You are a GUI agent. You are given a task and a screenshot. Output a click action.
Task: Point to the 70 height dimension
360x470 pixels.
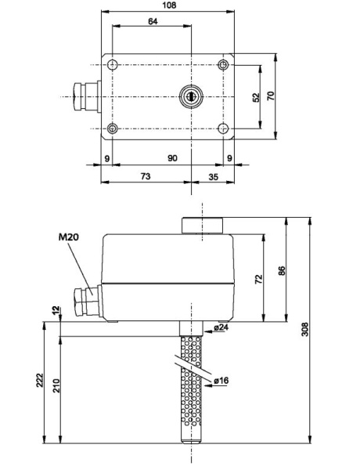pos(271,96)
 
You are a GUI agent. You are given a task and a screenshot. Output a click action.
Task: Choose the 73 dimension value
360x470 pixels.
pos(146,177)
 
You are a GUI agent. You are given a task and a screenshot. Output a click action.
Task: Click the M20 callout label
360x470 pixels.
pos(69,237)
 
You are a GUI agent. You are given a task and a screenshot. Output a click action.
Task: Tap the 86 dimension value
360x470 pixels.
pos(282,270)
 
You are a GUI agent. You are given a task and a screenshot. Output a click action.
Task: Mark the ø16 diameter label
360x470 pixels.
pos(222,381)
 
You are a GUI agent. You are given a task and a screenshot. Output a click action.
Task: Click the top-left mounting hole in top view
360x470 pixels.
pos(115,65)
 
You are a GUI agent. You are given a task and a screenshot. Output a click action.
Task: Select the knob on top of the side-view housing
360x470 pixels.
pos(203,226)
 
